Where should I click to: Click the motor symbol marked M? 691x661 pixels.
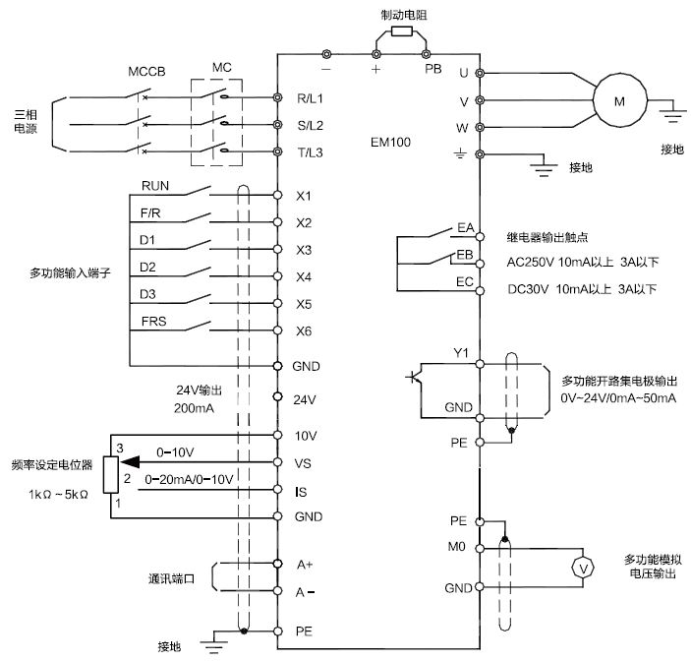618,99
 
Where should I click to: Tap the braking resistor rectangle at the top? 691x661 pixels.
400,31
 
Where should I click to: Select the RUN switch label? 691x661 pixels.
155,186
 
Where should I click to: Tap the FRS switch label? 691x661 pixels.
155,321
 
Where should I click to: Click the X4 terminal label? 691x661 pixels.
304,277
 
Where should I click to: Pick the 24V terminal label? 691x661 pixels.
305,398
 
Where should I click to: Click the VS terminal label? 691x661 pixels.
304,461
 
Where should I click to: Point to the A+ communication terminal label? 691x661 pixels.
305,565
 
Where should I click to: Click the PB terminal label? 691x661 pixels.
432,70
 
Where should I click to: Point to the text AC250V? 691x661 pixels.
528,263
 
